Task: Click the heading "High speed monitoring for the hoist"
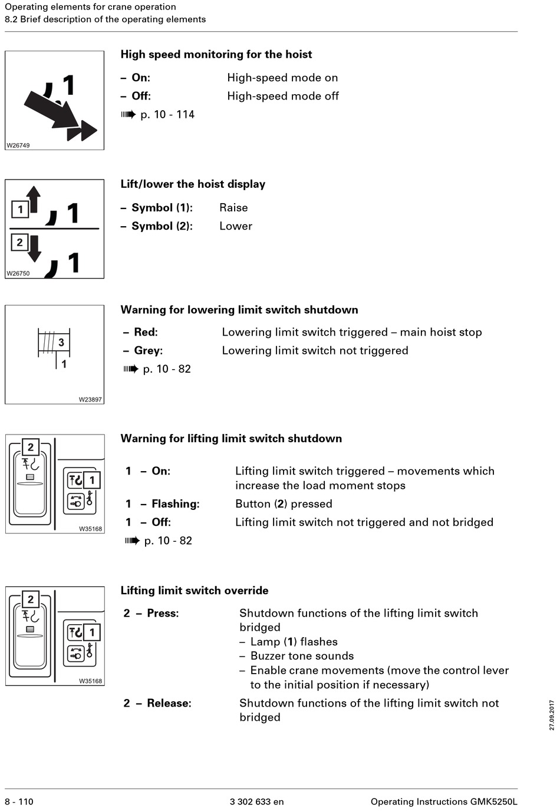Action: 216,54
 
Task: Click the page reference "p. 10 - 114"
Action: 167,114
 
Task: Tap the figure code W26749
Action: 18,145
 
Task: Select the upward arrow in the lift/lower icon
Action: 34,198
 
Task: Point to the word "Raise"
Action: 233,207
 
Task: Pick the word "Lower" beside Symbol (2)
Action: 236,226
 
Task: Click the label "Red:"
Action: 146,332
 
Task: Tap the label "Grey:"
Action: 148,350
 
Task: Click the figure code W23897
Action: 90,399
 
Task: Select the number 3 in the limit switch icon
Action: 61,342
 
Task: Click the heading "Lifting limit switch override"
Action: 195,591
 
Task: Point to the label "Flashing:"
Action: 175,504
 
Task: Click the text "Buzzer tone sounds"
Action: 302,656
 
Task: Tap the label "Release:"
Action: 169,703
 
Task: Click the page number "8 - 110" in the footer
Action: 19,801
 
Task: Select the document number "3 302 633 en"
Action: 256,801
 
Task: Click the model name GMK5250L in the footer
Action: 493,801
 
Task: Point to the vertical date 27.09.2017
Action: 552,715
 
